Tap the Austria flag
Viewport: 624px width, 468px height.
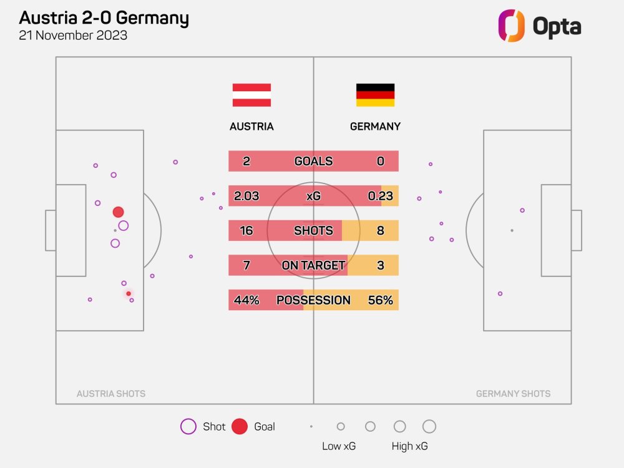point(251,95)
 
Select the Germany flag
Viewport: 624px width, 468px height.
point(375,95)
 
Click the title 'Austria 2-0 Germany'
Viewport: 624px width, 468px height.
point(104,17)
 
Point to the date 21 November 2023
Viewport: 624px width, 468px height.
point(74,36)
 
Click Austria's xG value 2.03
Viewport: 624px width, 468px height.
point(246,196)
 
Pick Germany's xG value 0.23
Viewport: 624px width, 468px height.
point(381,196)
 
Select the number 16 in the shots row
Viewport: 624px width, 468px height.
point(246,231)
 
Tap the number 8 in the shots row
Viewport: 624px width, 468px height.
point(381,231)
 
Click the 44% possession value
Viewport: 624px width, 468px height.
point(246,300)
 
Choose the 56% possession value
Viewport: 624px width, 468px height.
point(381,300)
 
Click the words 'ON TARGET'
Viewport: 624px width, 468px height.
point(313,265)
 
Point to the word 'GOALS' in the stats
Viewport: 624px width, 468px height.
point(313,161)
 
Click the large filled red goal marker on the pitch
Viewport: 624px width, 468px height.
point(118,212)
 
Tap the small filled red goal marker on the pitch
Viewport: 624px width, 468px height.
point(129,293)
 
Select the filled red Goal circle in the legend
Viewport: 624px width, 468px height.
point(240,427)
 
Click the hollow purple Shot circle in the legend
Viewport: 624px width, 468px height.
point(188,427)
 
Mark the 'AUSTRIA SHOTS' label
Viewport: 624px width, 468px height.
point(111,394)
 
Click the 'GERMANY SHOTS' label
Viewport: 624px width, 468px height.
point(513,394)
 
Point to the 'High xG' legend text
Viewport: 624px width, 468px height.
point(409,446)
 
